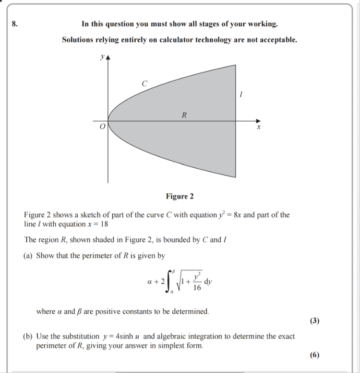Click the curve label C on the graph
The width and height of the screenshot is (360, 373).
point(144,83)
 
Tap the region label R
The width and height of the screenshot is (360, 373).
point(184,115)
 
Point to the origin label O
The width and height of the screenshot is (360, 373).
point(101,127)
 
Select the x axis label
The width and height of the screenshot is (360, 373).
point(258,128)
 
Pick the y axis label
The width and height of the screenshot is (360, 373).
point(102,57)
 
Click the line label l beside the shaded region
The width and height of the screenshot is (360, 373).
point(242,95)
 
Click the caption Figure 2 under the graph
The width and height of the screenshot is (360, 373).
point(180,197)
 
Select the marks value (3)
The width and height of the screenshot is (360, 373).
point(314,321)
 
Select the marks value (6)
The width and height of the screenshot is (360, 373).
point(314,355)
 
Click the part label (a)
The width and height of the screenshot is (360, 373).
point(29,256)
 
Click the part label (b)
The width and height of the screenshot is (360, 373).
point(29,337)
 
